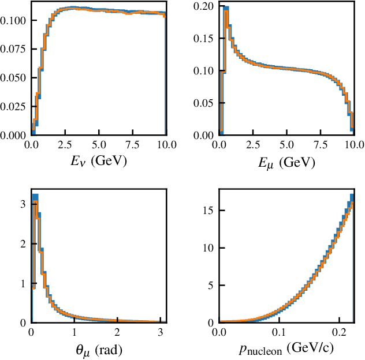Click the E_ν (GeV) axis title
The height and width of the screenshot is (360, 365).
click(x=99, y=162)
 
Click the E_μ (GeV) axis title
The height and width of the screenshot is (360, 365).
click(x=287, y=162)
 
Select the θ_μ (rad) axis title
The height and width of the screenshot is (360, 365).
click(x=99, y=349)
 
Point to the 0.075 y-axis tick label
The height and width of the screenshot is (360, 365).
click(x=14, y=49)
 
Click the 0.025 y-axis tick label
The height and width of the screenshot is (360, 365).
click(x=14, y=106)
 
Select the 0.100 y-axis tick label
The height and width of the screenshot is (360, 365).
click(x=14, y=20)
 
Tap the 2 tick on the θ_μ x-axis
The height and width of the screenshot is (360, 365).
click(x=117, y=333)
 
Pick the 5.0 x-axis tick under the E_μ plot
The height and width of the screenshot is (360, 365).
click(x=287, y=146)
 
